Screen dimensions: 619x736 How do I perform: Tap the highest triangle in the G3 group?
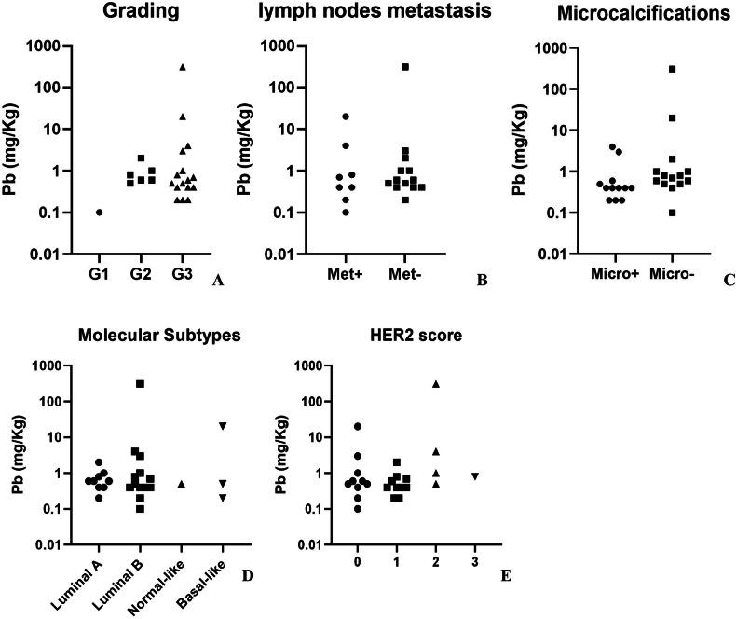click(184, 67)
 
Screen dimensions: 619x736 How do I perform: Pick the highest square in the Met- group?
click(405, 67)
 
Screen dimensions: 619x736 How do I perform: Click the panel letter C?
click(729, 279)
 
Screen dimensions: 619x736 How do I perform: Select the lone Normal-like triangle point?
click(182, 484)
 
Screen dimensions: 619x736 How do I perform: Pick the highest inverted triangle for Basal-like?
click(223, 426)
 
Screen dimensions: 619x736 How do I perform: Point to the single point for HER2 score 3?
click(475, 476)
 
